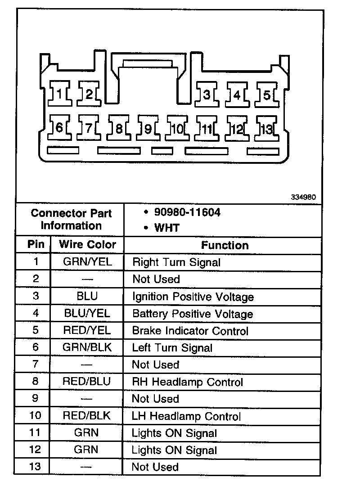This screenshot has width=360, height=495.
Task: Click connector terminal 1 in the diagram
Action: pos(59,94)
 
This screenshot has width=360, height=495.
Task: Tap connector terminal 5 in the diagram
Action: pos(266,95)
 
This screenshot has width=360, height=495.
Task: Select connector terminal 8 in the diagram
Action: pos(119,129)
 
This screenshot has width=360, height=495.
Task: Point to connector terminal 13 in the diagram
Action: pos(266,129)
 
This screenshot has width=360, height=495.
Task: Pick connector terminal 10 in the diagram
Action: pos(177,129)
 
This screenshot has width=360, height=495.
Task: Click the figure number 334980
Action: pos(304,197)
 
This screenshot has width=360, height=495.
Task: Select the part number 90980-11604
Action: pos(187,212)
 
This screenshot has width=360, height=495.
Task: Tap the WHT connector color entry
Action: pos(166,228)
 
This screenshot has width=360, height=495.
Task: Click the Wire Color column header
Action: pos(87,245)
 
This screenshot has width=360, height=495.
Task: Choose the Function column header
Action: pos(225,245)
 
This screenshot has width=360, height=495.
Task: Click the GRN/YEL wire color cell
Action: pos(87,262)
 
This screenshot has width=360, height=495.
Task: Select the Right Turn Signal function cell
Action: pos(176,262)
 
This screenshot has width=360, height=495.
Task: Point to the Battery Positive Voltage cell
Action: pos(192,314)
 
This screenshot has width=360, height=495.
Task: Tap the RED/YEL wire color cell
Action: pos(87,331)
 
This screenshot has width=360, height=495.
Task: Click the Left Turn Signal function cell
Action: pos(172,348)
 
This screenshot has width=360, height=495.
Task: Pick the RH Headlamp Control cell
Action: pos(187,382)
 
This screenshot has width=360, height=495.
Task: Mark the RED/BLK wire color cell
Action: pos(87,416)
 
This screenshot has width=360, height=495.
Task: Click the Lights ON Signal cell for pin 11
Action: pos(174,433)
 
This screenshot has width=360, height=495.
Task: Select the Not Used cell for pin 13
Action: pos(155,467)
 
